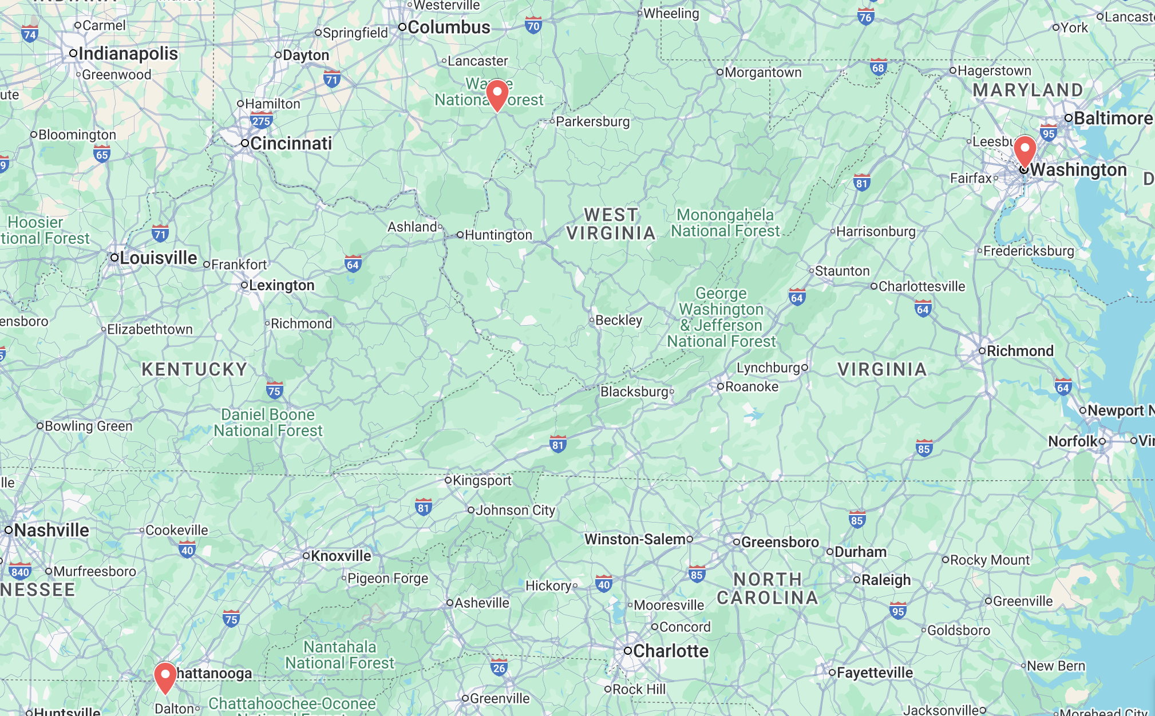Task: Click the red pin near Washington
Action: [1025, 149]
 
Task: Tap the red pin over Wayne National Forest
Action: [497, 93]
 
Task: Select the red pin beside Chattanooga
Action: [165, 677]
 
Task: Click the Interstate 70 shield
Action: [533, 26]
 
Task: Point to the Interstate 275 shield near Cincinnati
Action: [261, 121]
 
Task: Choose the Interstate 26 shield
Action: [499, 667]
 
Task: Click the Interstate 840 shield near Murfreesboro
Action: [20, 572]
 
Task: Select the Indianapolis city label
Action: [128, 54]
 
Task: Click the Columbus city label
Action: [449, 27]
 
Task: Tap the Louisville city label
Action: [158, 258]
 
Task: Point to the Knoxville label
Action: [341, 556]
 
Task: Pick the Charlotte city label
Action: [671, 651]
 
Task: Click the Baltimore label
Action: [1113, 118]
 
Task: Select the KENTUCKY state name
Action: [195, 370]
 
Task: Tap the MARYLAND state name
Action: [1028, 90]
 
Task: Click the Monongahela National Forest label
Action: [725, 223]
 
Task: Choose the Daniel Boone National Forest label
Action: [268, 423]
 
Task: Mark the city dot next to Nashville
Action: [9, 531]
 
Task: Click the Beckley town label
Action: [619, 320]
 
